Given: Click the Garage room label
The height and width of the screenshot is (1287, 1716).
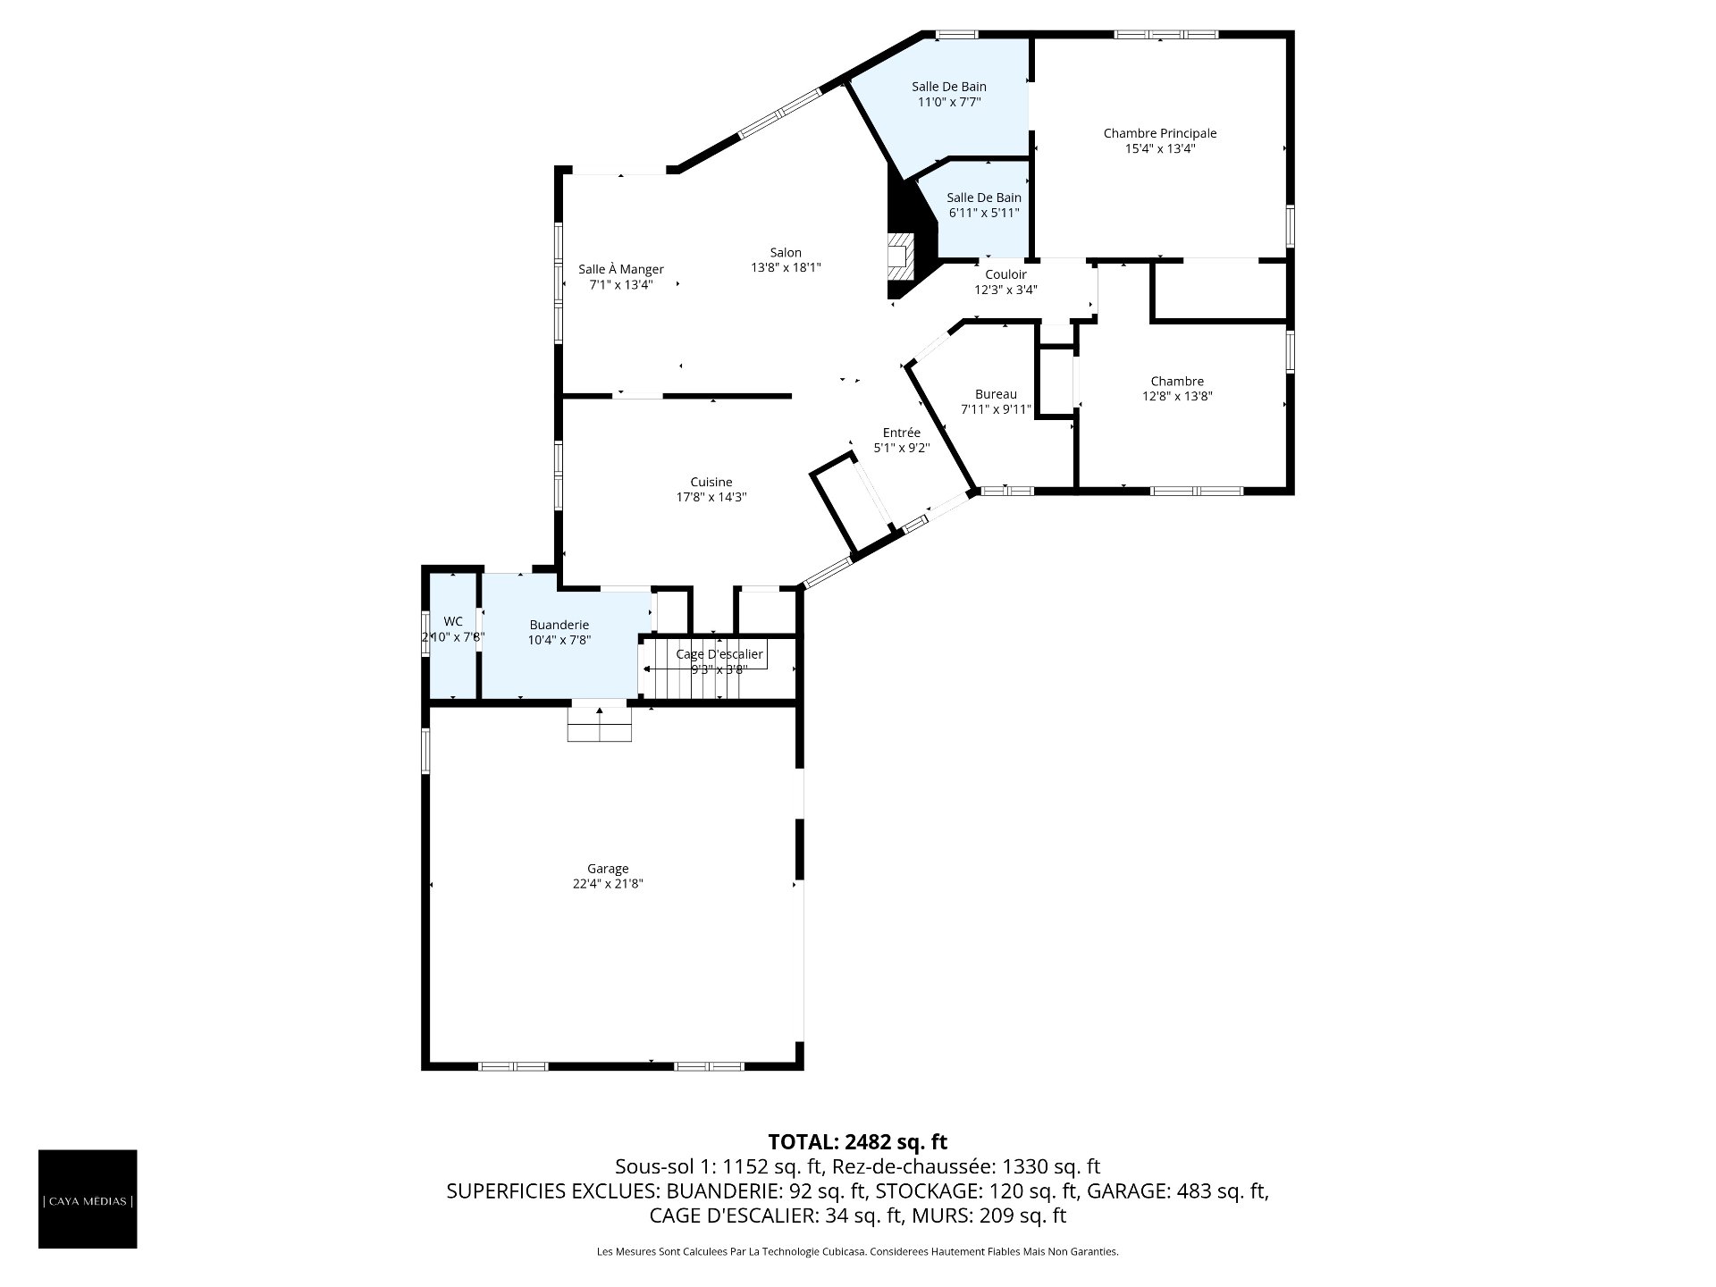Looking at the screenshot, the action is point(608,869).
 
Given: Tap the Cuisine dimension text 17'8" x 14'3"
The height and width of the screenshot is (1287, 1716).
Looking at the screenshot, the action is point(711,497).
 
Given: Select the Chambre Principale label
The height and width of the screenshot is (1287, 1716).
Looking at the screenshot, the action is point(1160,133).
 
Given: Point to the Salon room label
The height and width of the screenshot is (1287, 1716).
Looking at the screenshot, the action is point(786,253).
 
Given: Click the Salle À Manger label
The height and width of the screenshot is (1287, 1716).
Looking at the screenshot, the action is point(621,269).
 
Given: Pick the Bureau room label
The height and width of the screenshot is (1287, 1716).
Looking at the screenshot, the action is point(996,394).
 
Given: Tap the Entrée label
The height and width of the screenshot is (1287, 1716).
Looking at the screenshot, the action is point(902,433).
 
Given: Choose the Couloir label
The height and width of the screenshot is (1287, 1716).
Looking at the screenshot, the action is point(1006,274).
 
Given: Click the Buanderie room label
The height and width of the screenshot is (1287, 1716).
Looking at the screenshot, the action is point(559,625).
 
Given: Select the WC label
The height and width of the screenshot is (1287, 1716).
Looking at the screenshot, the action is point(453,621).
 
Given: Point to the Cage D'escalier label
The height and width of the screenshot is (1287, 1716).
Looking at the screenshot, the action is point(719,654).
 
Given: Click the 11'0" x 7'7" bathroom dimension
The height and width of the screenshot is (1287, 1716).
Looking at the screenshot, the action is point(949,102).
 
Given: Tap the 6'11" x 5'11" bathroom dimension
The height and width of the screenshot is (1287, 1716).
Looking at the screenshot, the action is point(984,213).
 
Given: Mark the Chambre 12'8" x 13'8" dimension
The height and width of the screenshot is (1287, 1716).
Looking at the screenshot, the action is point(1177,396).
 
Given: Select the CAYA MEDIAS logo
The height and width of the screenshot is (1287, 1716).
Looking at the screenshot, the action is point(88,1199).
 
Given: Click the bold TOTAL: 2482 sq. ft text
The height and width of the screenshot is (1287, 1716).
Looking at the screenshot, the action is point(858,1141).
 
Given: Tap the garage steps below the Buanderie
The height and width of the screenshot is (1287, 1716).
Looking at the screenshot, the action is point(600,724).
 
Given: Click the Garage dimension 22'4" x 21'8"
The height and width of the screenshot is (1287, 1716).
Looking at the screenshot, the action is point(608,884).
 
